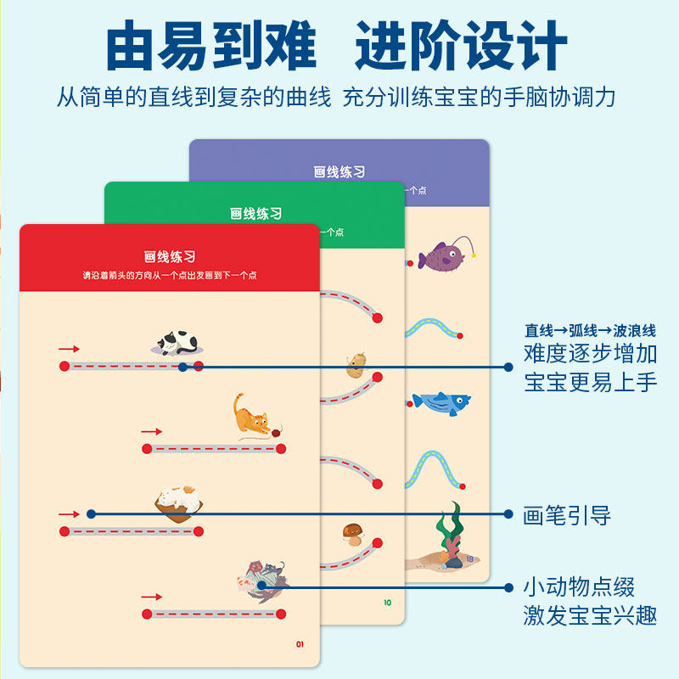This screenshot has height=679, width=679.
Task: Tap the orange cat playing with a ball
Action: coord(250,415)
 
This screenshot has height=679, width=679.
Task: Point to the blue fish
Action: coord(441,402)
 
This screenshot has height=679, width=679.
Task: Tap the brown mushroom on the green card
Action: coord(353,533)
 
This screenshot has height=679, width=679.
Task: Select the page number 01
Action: coord(300,644)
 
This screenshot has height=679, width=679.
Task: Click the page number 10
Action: coord(387,603)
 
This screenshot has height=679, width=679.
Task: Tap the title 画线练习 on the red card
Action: coord(170,256)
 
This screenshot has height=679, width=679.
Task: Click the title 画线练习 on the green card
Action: coord(255,214)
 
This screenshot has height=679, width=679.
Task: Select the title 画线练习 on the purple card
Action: coord(339,171)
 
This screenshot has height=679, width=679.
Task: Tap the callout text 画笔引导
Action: coord(566,514)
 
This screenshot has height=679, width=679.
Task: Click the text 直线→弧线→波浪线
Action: coord(590,330)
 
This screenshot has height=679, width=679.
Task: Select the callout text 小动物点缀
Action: coord(578,586)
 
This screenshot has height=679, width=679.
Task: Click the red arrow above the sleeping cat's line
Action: coord(69,349)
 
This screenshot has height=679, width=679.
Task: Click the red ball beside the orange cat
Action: coord(278,432)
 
